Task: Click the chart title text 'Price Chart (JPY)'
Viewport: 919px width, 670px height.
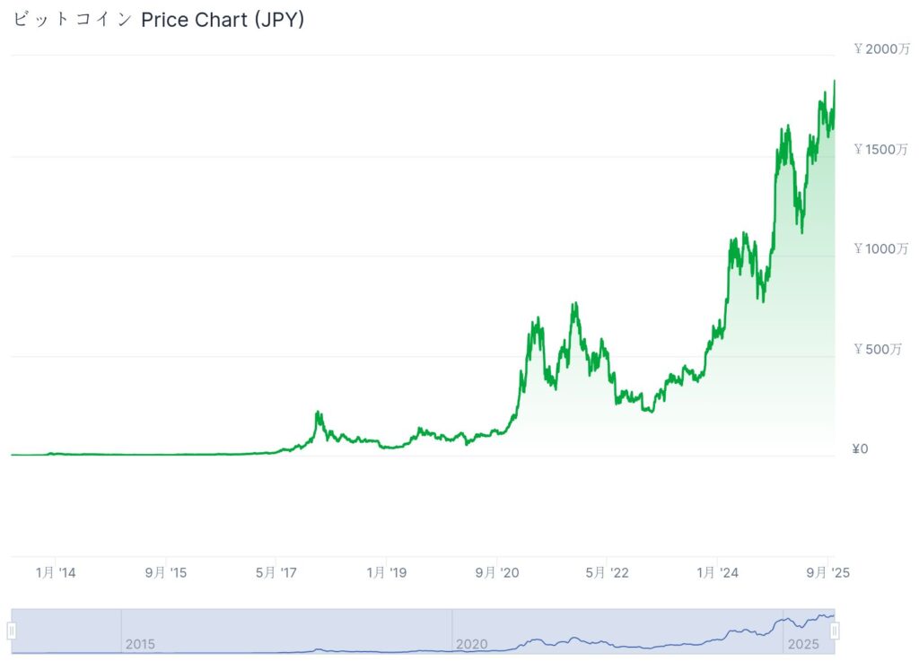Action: (223, 20)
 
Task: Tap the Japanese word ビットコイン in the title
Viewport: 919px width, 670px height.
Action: (73, 20)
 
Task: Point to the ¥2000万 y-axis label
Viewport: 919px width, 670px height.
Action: (881, 49)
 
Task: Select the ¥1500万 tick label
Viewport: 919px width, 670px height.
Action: (881, 149)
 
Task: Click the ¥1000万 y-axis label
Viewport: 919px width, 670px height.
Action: (881, 248)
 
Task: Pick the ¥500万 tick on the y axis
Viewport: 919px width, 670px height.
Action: (878, 349)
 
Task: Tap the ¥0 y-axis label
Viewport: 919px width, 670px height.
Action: (861, 448)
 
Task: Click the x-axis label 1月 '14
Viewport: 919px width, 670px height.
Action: (56, 572)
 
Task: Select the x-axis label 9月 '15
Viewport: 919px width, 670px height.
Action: (166, 572)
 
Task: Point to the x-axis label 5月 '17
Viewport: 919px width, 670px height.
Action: (276, 572)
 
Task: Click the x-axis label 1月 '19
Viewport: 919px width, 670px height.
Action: (387, 572)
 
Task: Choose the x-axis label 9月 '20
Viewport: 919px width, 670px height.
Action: (497, 572)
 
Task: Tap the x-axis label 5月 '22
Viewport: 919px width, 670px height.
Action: (608, 572)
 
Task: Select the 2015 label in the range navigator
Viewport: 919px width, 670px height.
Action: (140, 644)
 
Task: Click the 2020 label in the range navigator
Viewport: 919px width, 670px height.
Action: (471, 644)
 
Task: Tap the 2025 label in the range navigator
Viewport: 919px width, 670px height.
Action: (801, 644)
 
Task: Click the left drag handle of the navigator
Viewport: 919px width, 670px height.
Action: (12, 631)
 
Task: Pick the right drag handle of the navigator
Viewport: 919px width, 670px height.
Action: (835, 631)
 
